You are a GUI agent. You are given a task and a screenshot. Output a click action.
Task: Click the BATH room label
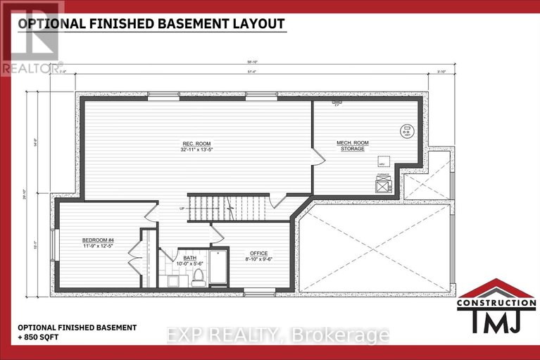(x=190, y=258)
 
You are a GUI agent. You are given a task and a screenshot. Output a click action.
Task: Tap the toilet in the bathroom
(x=198, y=275)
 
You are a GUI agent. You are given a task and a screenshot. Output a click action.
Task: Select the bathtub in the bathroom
(x=219, y=268)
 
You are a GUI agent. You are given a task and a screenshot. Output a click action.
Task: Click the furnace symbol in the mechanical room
(x=383, y=185)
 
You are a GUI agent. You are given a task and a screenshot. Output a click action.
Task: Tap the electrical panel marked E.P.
(x=337, y=106)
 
